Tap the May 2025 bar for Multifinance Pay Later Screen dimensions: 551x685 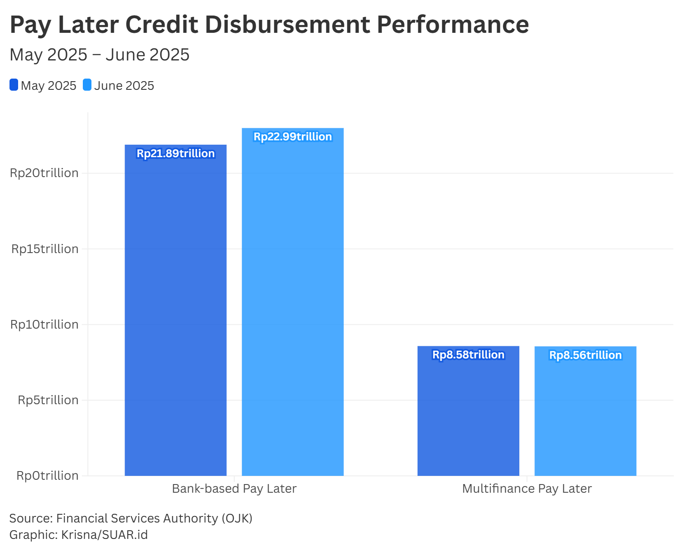468,415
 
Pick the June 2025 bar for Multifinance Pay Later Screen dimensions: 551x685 585,415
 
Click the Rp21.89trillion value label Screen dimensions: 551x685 176,154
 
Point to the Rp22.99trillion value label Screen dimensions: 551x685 292,137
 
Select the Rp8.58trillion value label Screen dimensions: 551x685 468,355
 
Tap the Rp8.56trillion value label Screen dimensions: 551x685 585,355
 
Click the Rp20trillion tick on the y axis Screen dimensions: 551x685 44,173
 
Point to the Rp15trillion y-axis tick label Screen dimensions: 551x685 45,249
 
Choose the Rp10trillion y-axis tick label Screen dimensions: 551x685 44,325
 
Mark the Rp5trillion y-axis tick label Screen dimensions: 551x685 48,400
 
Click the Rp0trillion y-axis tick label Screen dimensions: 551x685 47,476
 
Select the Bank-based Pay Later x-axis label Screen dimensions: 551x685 234,489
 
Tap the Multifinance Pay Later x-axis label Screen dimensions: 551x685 527,489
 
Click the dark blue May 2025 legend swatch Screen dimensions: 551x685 14,85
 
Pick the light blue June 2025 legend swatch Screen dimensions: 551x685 87,85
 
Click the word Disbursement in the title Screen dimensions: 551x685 287,25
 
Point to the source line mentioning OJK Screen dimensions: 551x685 131,518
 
